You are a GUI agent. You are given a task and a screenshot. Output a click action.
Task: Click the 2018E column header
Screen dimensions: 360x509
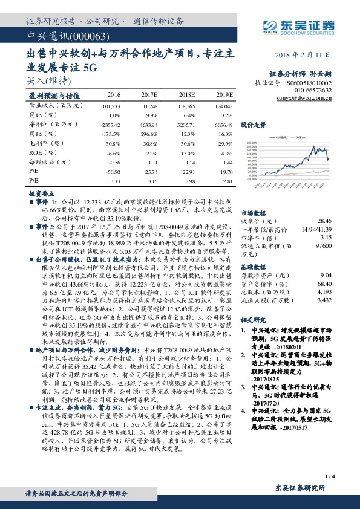coord(186,96)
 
